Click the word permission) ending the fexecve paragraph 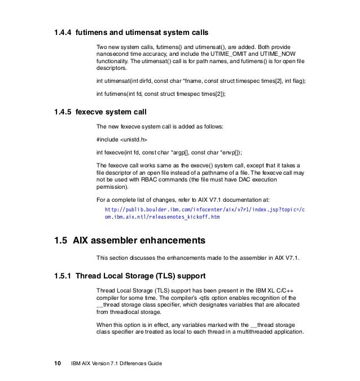tap(112, 186)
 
